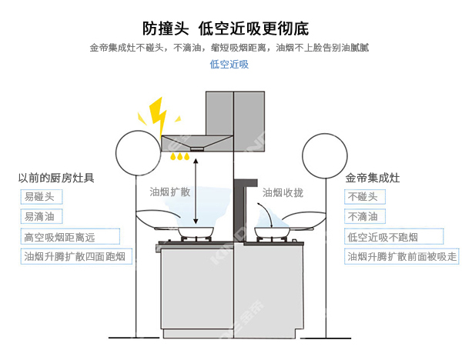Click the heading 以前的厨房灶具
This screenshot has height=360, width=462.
[x=55, y=178]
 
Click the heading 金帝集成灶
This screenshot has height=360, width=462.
[x=373, y=178]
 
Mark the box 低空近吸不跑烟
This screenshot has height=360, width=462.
[x=383, y=237]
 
